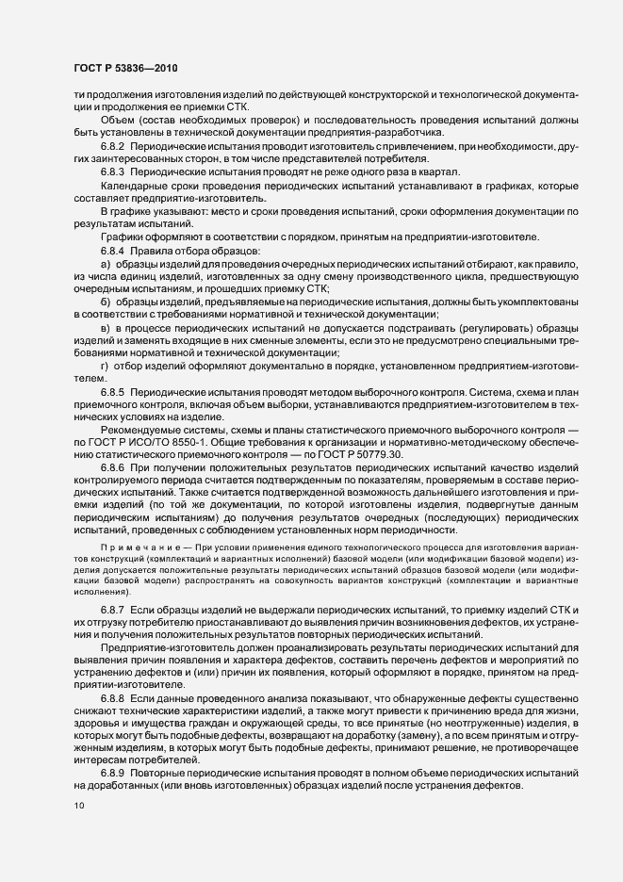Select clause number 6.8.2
tap(113, 149)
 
